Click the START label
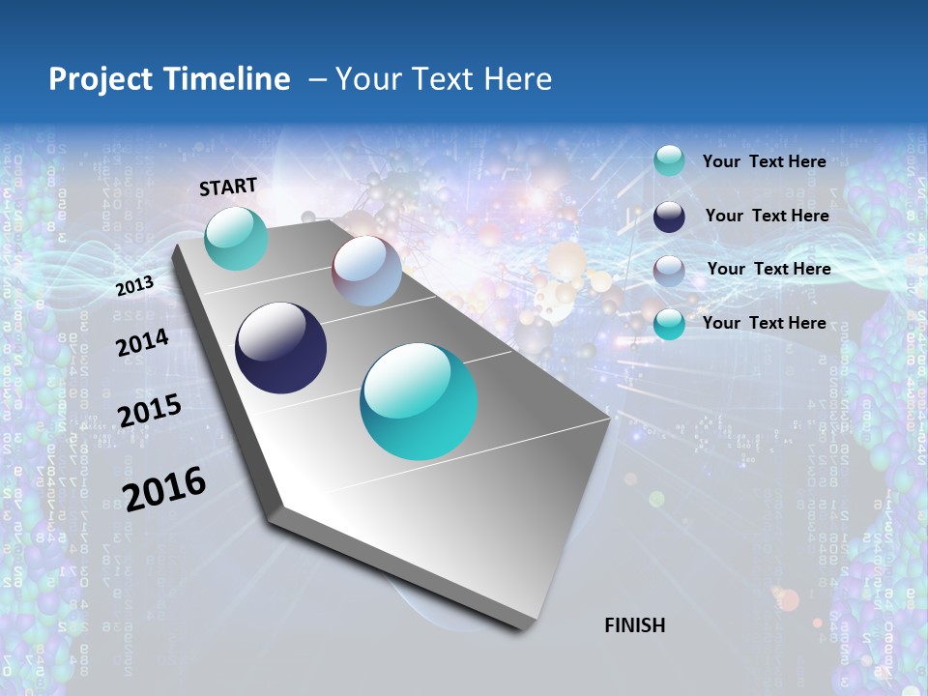coord(228,187)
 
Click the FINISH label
coord(634,625)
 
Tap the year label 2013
coord(135,286)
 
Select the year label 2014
coord(143,343)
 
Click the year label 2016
coord(164,488)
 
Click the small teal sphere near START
coord(236,238)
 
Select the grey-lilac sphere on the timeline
coord(366,271)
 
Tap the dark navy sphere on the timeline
coord(280,348)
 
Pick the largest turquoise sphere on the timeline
coord(419,401)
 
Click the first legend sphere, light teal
coord(669,160)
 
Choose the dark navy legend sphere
coord(669,217)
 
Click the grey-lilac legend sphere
coord(669,271)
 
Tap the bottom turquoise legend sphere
coord(669,324)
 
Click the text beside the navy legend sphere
coord(768,216)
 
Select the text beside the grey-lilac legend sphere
coord(769,269)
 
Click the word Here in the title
coord(517,79)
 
